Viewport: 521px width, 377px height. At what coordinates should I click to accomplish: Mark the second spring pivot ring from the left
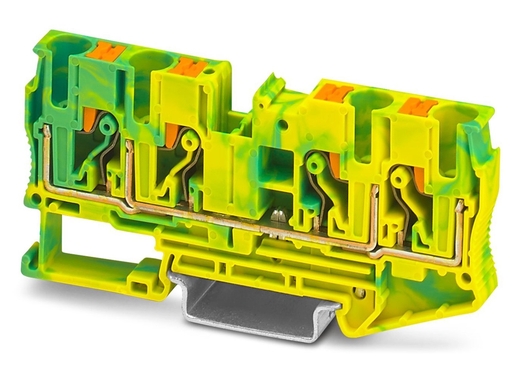coord(188,142)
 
